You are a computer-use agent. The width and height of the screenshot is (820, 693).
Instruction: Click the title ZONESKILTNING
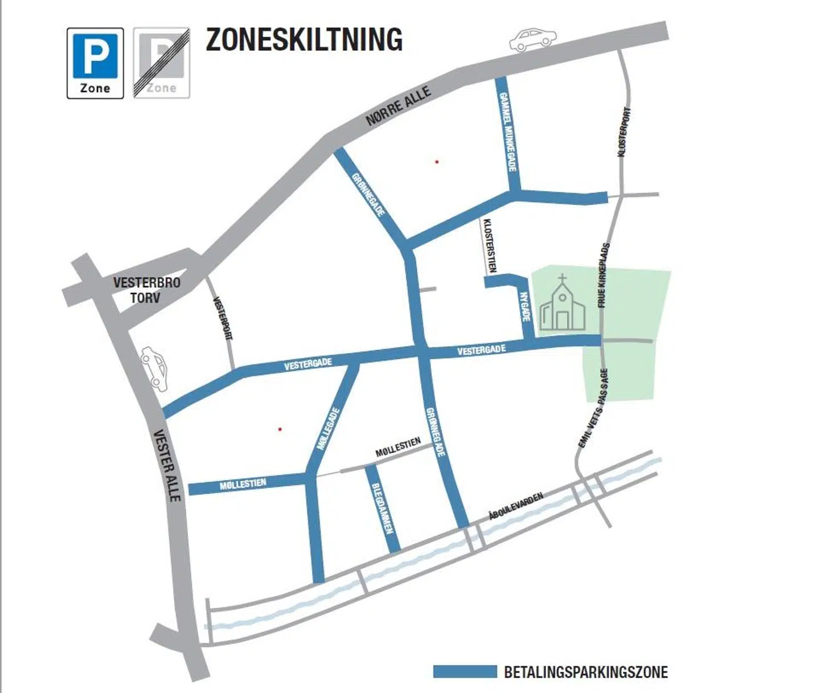pyautogui.click(x=304, y=40)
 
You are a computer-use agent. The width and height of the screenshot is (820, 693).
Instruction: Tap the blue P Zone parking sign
pyautogui.click(x=95, y=63)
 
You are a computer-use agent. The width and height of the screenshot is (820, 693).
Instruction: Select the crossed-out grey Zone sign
pyautogui.click(x=162, y=63)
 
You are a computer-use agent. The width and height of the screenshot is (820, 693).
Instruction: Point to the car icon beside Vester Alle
pyautogui.click(x=154, y=368)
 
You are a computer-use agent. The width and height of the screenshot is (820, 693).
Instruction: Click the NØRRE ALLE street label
pyautogui.click(x=398, y=106)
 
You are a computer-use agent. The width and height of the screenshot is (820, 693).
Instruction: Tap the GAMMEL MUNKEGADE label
pyautogui.click(x=507, y=132)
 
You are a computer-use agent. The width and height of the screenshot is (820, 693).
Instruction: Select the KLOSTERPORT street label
pyautogui.click(x=624, y=132)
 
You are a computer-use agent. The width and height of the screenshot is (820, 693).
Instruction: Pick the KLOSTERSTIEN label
pyautogui.click(x=489, y=245)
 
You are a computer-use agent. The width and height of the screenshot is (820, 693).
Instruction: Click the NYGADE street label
pyautogui.click(x=526, y=307)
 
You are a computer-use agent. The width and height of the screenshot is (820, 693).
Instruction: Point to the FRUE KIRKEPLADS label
pyautogui.click(x=604, y=276)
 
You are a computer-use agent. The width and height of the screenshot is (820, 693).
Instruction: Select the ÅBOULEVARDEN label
pyautogui.click(x=516, y=506)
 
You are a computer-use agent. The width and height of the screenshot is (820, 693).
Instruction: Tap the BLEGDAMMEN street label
pyautogui.click(x=382, y=509)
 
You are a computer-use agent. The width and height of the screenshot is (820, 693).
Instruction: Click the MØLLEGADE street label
pyautogui.click(x=329, y=428)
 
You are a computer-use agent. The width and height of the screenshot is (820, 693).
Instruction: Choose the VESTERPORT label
pyautogui.click(x=223, y=318)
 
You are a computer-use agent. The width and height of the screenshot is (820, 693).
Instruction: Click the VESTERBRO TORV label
pyautogui.click(x=146, y=290)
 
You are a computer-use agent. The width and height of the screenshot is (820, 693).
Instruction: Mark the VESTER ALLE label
pyautogui.click(x=167, y=465)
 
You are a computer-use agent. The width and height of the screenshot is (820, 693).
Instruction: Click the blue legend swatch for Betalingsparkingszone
pyautogui.click(x=465, y=672)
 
